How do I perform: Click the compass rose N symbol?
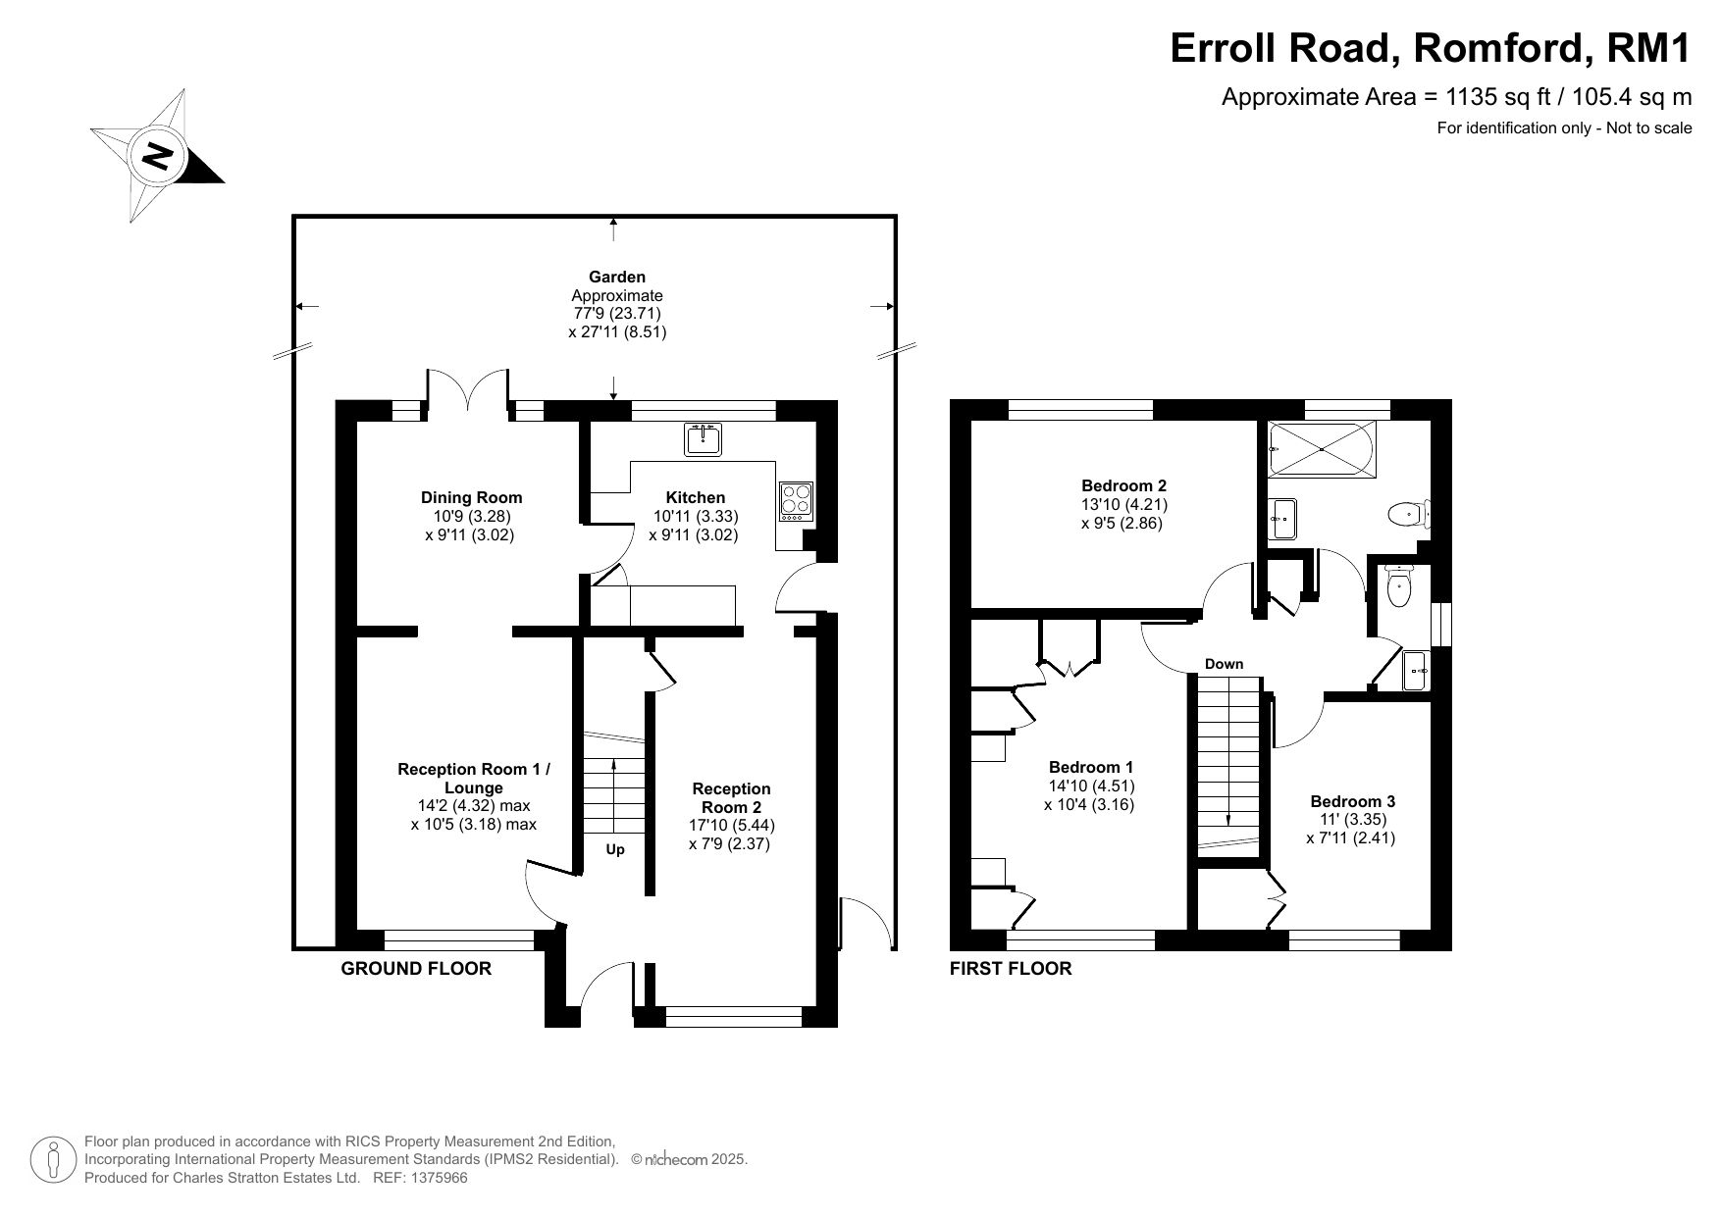(x=157, y=156)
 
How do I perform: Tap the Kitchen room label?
(x=696, y=497)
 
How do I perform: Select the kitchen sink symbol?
(x=703, y=439)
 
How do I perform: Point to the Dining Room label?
(x=471, y=497)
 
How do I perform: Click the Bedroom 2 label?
(x=1123, y=485)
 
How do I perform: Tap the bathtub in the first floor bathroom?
(x=1322, y=449)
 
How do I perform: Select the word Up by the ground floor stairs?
(x=615, y=850)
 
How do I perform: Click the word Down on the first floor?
(x=1224, y=664)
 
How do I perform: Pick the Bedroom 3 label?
(x=1351, y=801)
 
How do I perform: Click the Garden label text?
(x=617, y=277)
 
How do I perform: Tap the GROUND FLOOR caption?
(x=416, y=969)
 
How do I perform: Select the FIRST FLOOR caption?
(x=1011, y=969)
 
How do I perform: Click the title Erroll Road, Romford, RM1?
(x=1432, y=47)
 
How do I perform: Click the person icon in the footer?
(x=54, y=1160)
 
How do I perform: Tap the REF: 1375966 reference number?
(x=421, y=1178)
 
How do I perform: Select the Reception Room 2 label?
(x=731, y=797)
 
